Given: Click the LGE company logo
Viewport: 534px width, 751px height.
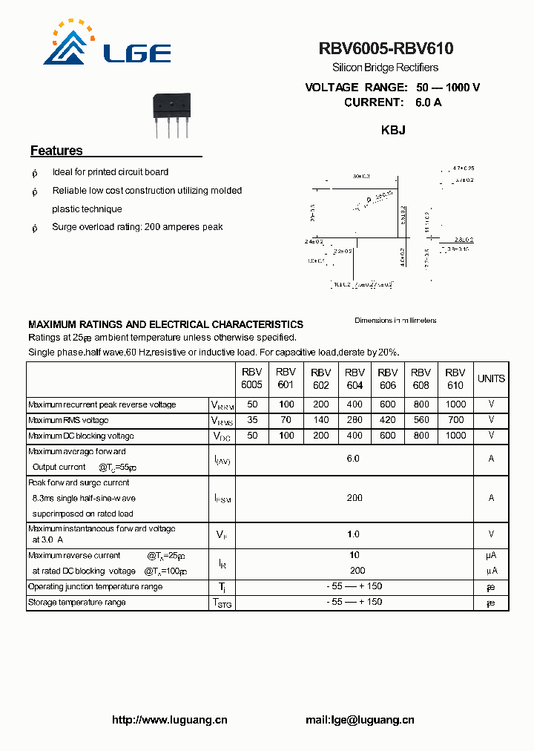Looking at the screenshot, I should coord(107,45).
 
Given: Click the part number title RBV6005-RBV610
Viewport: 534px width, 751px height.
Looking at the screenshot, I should coord(386,49).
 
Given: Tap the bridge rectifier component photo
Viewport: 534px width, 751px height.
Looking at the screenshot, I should coord(171,114).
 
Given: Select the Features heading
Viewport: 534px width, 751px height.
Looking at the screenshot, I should coord(56,151).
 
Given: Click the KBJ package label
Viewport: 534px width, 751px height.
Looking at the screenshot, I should coord(392,130).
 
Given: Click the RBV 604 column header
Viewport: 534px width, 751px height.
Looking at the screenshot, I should coord(355,378).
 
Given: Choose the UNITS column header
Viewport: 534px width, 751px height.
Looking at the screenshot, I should coord(491,378).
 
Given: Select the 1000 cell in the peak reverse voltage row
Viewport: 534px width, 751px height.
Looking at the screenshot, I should coord(455,404).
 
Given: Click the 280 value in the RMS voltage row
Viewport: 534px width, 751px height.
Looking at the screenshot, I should coord(355,420).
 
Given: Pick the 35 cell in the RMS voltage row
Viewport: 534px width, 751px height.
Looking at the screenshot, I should coord(252,420).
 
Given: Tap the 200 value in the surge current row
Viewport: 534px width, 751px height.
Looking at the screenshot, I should coord(355,498).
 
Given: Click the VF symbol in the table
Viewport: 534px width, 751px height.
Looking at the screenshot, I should coord(221,534).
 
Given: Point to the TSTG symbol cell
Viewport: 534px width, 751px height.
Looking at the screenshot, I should coord(222,603).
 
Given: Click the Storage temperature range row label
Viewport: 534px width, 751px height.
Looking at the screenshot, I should coord(76,602).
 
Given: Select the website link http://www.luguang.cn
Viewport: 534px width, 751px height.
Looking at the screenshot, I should coord(169,719).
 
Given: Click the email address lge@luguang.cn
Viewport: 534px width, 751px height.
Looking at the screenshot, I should coord(360,719).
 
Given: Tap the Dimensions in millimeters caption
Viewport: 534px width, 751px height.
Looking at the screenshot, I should coord(395,321).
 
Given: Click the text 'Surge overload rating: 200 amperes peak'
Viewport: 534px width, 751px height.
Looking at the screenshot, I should coord(137,227).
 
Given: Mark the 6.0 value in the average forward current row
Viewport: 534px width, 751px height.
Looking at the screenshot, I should coord(353,459).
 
